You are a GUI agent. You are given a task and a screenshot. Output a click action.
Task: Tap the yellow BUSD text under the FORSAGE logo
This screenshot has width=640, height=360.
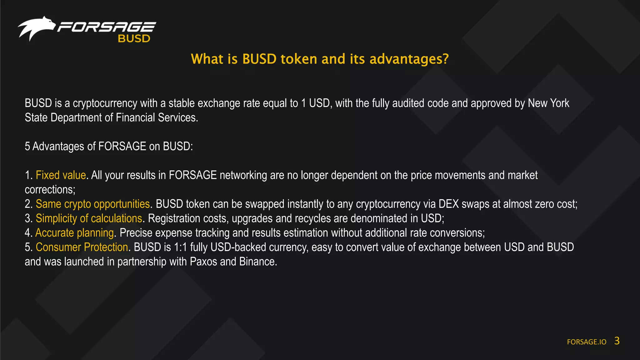(134, 38)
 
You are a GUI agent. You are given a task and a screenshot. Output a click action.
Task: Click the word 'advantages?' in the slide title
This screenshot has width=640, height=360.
(409, 59)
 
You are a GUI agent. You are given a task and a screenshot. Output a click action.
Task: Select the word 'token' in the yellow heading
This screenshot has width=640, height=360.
(299, 59)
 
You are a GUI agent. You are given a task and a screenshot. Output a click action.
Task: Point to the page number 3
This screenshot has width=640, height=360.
(617, 341)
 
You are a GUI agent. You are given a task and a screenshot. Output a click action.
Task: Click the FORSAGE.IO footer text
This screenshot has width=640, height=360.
(587, 342)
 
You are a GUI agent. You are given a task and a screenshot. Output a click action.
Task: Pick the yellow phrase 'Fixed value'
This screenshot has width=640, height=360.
(61, 175)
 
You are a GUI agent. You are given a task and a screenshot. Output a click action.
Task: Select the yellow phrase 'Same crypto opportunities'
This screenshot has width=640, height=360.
(93, 204)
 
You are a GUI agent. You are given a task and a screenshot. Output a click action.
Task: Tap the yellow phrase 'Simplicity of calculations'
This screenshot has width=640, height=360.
(89, 218)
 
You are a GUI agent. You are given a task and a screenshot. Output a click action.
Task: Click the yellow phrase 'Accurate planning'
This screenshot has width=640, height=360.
(74, 233)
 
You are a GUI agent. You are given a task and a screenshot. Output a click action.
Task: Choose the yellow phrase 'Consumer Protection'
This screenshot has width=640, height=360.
(82, 247)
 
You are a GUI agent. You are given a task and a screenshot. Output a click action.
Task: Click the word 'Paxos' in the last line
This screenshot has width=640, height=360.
(203, 262)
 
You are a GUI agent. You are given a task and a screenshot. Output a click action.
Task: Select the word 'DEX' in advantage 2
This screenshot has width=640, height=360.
(448, 204)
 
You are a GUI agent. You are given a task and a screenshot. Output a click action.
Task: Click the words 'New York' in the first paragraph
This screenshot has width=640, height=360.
(548, 103)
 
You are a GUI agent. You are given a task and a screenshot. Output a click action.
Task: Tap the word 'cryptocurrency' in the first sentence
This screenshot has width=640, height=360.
(105, 103)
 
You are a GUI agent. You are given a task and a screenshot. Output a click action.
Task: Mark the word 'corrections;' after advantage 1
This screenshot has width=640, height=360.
(50, 190)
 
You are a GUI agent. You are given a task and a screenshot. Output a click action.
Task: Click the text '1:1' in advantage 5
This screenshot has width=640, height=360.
(180, 247)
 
